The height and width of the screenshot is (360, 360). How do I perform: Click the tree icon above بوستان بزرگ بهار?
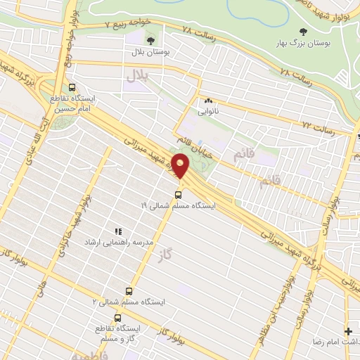[303, 32]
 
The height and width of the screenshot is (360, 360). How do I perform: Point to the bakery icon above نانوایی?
[208, 101]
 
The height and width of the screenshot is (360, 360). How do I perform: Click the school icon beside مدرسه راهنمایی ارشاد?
[118, 231]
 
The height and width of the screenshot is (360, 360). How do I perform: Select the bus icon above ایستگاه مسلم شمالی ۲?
[129, 290]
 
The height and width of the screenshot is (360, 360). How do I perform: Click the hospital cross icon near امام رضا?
[348, 330]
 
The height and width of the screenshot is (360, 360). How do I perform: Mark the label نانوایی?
[208, 111]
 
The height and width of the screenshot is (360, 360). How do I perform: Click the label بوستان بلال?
[150, 52]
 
